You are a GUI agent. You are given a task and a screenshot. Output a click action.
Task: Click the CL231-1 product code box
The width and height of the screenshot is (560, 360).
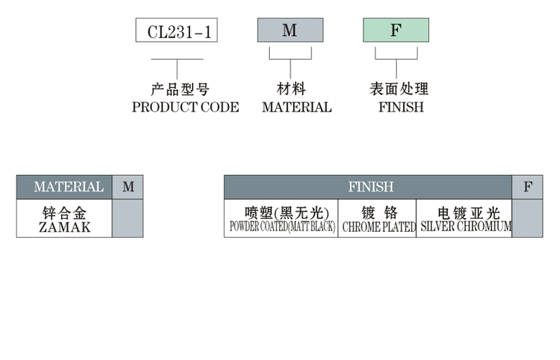tap(176, 30)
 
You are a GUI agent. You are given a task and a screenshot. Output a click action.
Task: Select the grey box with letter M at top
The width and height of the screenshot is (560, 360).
tap(289, 30)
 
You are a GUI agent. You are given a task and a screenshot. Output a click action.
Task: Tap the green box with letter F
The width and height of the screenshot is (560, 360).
tap(395, 30)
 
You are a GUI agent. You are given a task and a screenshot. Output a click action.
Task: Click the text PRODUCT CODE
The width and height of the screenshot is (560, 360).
tap(185, 107)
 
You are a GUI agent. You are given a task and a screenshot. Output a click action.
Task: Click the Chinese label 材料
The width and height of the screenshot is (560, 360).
tap(291, 89)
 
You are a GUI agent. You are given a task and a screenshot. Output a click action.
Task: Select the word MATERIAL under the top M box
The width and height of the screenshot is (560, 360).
tap(297, 107)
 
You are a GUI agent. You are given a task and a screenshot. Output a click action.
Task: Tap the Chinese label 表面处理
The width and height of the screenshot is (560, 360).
tap(398, 89)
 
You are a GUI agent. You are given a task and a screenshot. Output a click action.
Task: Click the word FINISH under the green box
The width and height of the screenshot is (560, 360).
tap(401, 107)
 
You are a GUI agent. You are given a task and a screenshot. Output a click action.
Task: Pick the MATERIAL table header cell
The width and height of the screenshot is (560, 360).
tap(65, 187)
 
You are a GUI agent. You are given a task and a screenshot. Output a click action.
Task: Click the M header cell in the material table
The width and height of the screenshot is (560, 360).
tap(128, 187)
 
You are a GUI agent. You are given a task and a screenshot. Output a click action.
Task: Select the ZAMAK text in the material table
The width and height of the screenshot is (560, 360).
tap(65, 227)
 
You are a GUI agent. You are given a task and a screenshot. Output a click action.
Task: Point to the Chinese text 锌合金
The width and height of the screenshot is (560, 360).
tap(65, 213)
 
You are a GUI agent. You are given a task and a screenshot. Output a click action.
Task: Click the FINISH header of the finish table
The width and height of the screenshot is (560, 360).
tap(371, 187)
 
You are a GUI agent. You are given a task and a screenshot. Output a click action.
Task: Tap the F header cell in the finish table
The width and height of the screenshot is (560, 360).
tap(528, 187)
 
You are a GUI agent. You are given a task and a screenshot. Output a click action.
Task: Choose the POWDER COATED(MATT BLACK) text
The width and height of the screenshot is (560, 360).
tap(282, 227)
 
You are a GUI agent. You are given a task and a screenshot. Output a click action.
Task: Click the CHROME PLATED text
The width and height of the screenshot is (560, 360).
tap(379, 227)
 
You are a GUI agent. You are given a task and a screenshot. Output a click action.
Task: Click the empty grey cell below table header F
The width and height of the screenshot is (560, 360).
tap(528, 218)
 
